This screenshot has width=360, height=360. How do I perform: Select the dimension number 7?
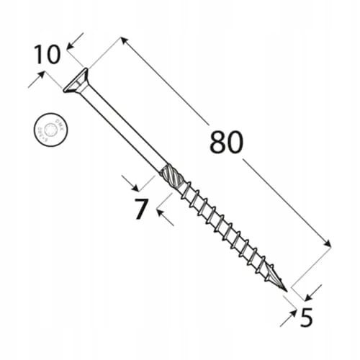tap(140, 209)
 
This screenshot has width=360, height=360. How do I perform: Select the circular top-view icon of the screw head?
tap(50, 130)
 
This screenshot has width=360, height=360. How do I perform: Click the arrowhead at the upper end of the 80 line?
tap(125, 40)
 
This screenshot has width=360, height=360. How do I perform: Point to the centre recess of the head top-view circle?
tap(50, 130)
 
